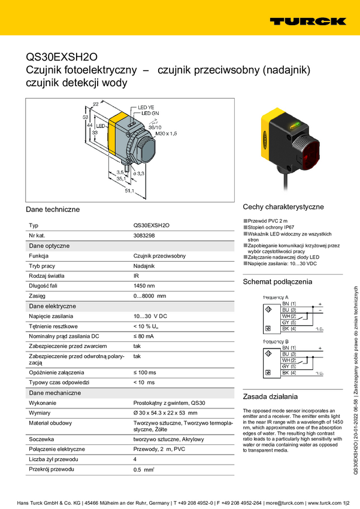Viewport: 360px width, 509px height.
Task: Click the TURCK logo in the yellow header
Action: point(307,21)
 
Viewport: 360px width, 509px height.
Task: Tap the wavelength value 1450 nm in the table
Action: point(144,286)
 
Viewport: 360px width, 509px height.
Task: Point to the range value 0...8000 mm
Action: point(149,296)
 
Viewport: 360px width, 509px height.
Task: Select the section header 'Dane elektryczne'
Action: point(52,306)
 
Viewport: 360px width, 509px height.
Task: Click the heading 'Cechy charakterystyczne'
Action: point(283,207)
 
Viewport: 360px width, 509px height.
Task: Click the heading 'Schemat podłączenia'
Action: point(277,281)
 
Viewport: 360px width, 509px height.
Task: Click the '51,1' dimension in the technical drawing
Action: point(128,191)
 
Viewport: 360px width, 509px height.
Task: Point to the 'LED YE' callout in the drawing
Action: point(146,107)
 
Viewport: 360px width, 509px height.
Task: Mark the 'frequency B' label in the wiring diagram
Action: point(276,342)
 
